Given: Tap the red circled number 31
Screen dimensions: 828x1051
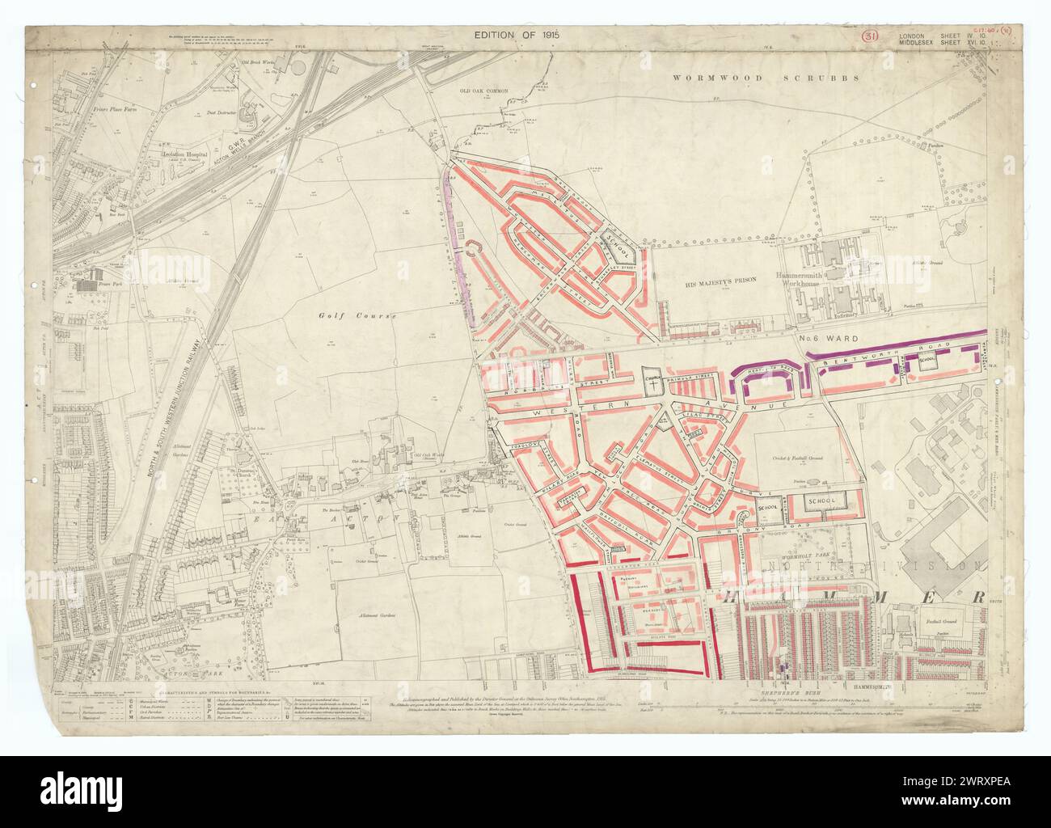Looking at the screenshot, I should pos(870,36).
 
